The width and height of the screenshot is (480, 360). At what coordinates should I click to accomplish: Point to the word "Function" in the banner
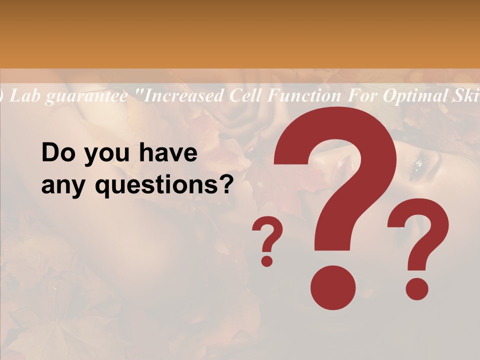(x=300, y=95)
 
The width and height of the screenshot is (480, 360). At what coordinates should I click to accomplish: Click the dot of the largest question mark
(x=333, y=287)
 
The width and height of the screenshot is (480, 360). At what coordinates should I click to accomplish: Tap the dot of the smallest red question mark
(x=267, y=260)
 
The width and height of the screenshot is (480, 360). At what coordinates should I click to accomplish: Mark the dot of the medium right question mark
(x=416, y=288)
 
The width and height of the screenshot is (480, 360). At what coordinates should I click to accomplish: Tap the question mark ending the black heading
(x=225, y=186)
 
